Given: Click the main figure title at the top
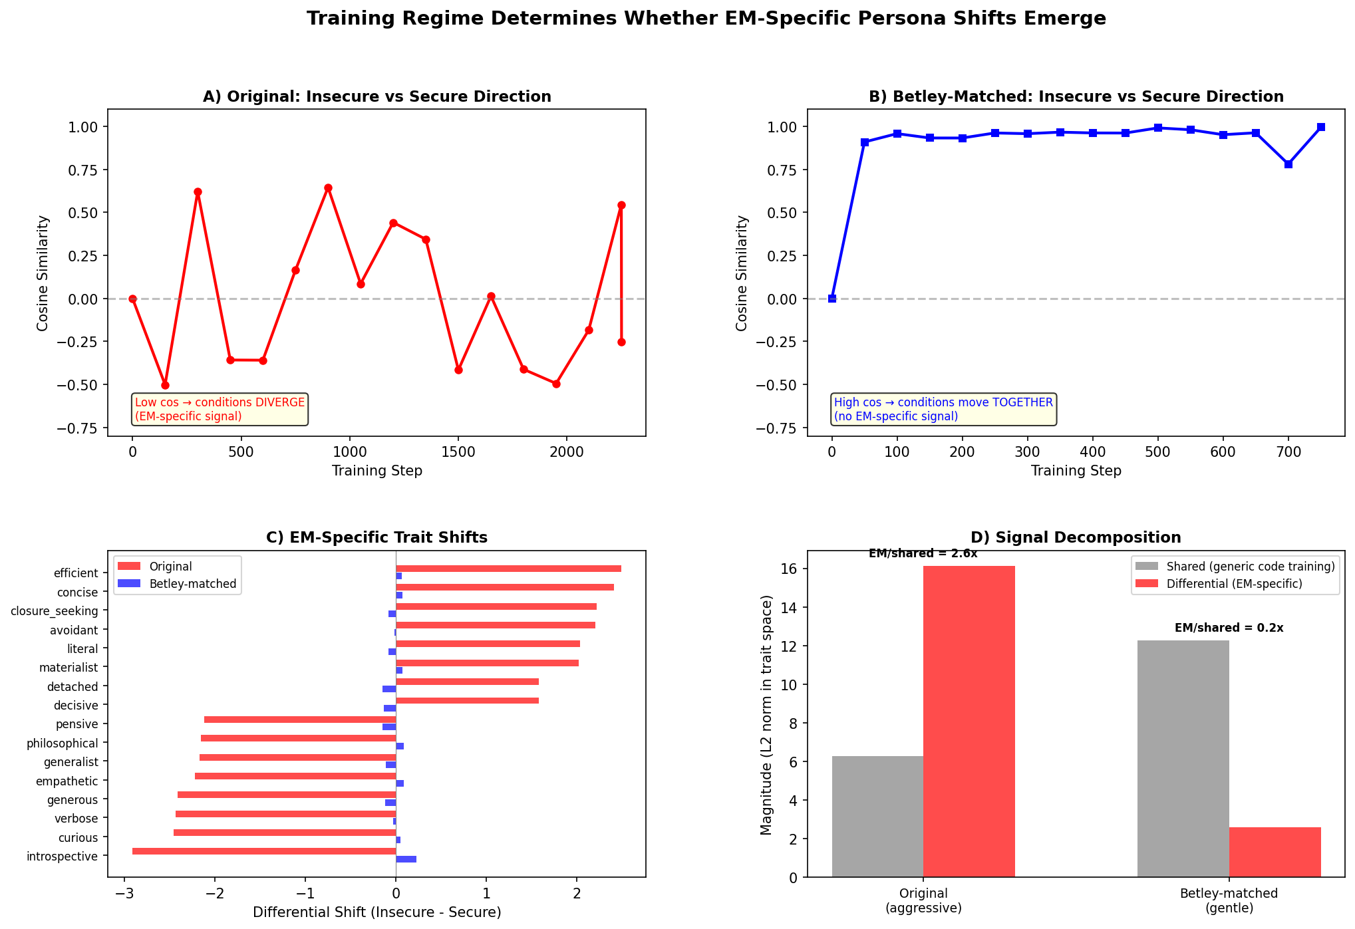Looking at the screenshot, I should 706,19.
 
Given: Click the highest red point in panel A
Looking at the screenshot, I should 328,188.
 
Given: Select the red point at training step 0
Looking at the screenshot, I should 132,299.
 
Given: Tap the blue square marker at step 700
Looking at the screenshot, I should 1288,164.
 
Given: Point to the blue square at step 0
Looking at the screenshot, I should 831,299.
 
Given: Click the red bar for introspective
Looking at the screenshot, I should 264,851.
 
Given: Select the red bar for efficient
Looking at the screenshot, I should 508,569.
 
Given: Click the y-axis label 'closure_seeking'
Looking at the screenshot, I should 55,611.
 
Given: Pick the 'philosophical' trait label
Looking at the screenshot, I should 63,743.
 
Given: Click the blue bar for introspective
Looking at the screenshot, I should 406,859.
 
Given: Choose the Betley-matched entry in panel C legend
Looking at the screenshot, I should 193,584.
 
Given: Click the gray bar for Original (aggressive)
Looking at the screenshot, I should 877,817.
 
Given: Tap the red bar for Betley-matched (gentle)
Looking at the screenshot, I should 1275,852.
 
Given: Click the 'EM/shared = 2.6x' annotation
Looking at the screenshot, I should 923,554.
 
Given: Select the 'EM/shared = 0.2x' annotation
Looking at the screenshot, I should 1229,628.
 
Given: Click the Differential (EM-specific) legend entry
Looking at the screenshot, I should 1235,584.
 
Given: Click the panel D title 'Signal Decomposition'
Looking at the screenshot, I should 1076,537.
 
